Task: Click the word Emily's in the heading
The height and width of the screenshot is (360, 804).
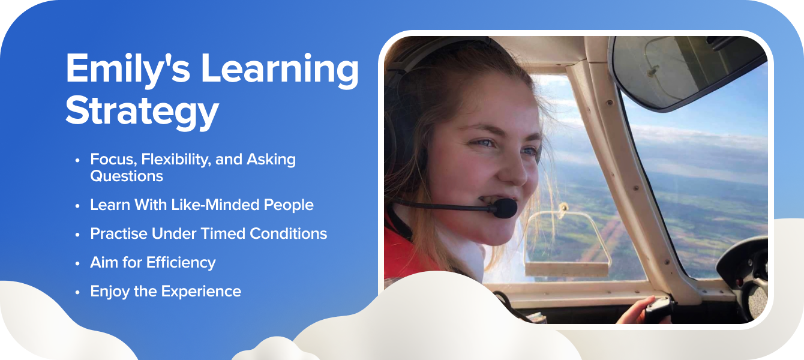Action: click(128, 70)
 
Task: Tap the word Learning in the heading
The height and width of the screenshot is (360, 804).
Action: click(280, 70)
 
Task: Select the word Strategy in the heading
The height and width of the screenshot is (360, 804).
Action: click(142, 111)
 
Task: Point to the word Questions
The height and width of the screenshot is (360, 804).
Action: click(127, 176)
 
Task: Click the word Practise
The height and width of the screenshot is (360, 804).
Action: click(119, 233)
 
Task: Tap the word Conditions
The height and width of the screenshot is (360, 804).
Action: click(288, 233)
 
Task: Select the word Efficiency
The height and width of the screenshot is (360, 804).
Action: click(181, 263)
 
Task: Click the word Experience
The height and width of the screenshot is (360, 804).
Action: click(201, 292)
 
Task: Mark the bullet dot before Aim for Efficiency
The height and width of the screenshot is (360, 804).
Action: click(77, 263)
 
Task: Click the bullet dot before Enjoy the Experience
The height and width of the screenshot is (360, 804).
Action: click(77, 292)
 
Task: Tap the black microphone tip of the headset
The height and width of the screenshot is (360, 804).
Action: click(505, 208)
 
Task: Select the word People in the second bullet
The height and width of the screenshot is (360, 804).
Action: click(289, 205)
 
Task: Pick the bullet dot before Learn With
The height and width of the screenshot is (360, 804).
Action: click(77, 206)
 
